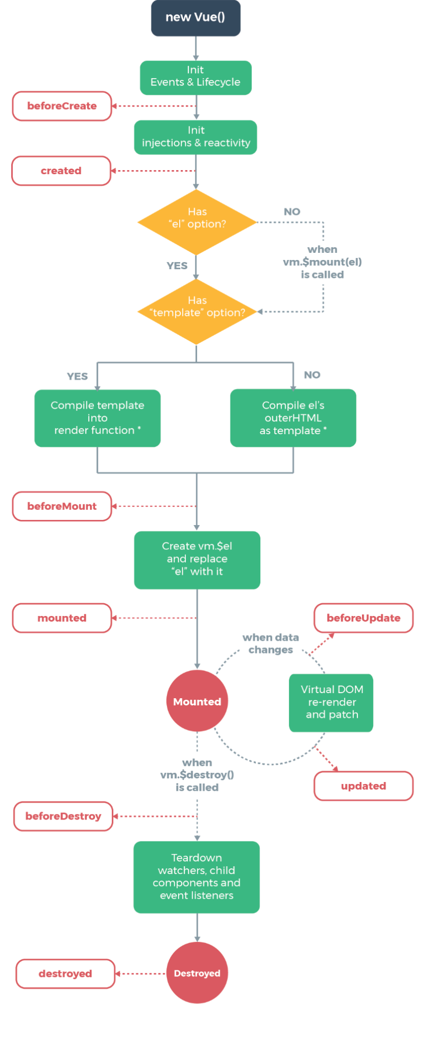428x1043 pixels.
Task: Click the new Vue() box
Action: (x=195, y=18)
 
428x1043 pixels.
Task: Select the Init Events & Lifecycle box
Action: (x=195, y=77)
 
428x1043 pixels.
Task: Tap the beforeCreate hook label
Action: (x=62, y=106)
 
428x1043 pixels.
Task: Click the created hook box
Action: (x=61, y=171)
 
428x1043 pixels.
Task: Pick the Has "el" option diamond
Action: (x=197, y=222)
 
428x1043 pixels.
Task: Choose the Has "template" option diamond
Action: (x=197, y=311)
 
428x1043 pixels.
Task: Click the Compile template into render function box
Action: (x=97, y=418)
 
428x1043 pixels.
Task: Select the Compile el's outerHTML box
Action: (x=293, y=418)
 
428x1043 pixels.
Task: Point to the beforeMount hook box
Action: (x=62, y=506)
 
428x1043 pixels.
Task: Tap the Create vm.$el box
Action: (x=197, y=560)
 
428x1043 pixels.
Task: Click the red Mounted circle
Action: (x=197, y=701)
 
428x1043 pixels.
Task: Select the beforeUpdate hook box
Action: (x=364, y=618)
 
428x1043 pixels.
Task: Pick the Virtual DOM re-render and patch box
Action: (x=331, y=702)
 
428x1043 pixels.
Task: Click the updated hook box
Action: (x=364, y=786)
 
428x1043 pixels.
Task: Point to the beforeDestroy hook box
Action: (x=63, y=816)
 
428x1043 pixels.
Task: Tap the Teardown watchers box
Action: (x=196, y=877)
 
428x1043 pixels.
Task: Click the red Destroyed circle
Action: (x=197, y=973)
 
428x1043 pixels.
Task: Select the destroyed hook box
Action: (x=65, y=973)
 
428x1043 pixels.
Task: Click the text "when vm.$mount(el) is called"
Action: (x=322, y=262)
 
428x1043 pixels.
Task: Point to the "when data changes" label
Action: (x=271, y=643)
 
